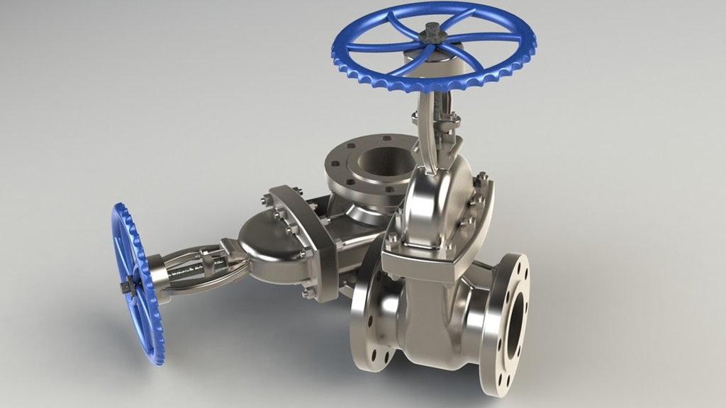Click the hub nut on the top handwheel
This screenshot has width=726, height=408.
[430, 31]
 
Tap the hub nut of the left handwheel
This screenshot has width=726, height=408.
[128, 286]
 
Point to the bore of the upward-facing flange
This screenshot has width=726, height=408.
[379, 161]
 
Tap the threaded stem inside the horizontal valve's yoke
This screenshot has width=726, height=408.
[195, 265]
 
